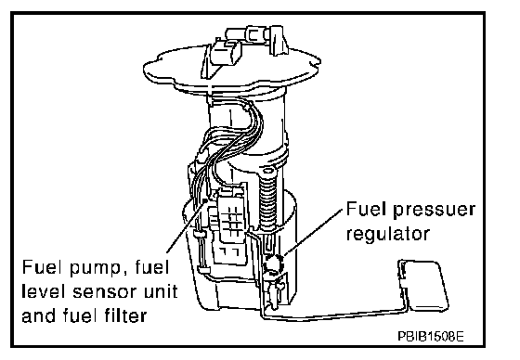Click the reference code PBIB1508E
click(431, 337)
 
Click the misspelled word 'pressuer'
click(435, 211)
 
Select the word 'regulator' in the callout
click(388, 234)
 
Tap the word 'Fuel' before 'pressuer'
click(366, 209)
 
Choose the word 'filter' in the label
click(125, 315)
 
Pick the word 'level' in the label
click(45, 290)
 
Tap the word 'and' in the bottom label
click(39, 315)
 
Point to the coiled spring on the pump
click(268, 203)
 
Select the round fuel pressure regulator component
click(274, 265)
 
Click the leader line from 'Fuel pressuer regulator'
click(313, 232)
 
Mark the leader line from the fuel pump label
click(187, 226)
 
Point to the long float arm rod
click(331, 315)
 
